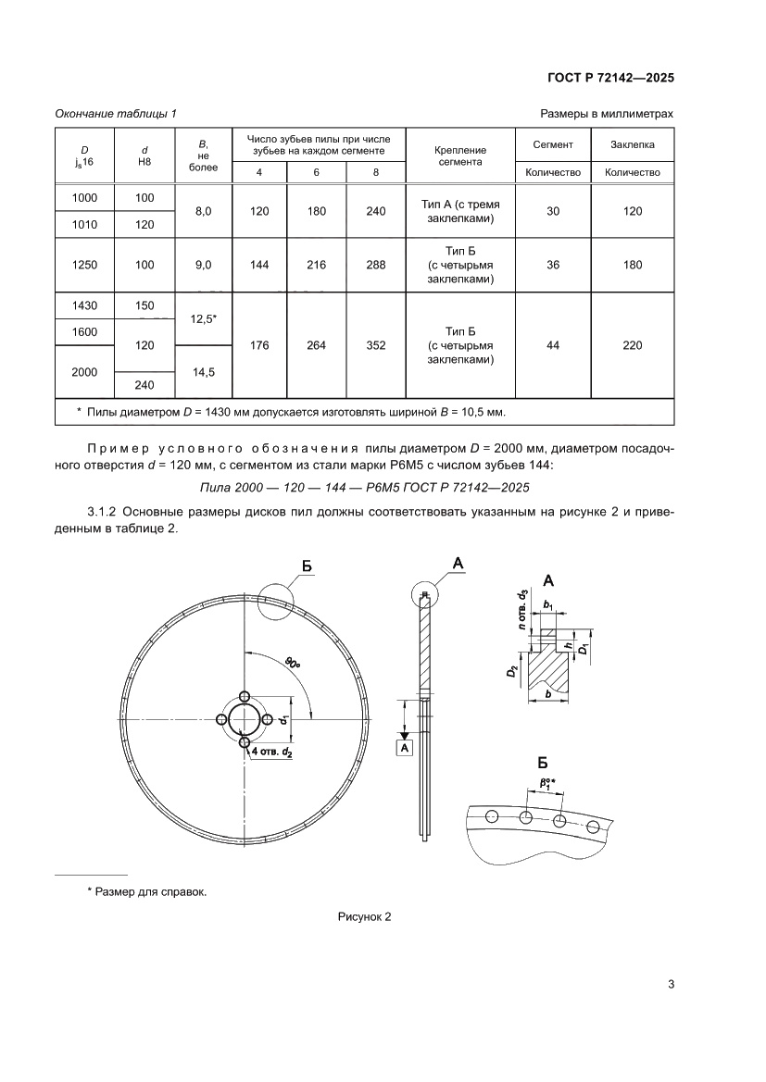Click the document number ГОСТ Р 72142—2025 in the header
tap(608, 78)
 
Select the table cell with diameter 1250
tap(84, 265)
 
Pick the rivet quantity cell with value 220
tap(632, 345)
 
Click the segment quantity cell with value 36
tap(553, 265)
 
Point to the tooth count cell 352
tap(375, 345)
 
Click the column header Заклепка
tap(632, 144)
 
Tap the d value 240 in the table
tap(144, 384)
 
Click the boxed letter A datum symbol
tap(404, 746)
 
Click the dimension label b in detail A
tap(550, 694)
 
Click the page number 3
tap(670, 984)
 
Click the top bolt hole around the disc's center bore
tap(244, 696)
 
